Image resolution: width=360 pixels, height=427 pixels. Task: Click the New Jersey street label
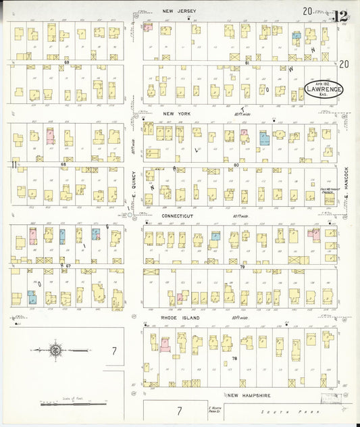coord(179,11)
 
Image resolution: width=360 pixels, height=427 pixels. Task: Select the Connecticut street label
coord(178,216)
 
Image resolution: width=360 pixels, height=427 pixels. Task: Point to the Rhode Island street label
coord(178,316)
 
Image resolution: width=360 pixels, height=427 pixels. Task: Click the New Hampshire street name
coord(249,395)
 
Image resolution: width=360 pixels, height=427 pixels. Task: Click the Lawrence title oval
coord(324,89)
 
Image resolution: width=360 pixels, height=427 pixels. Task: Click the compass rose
coord(55,350)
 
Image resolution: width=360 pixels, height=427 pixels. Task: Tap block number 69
coord(66,62)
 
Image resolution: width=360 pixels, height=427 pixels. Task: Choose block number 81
coord(247,62)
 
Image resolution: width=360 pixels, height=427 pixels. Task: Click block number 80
coord(236,165)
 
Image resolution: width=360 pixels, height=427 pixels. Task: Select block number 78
coord(234,358)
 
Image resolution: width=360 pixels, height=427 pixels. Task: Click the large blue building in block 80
coord(264,138)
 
